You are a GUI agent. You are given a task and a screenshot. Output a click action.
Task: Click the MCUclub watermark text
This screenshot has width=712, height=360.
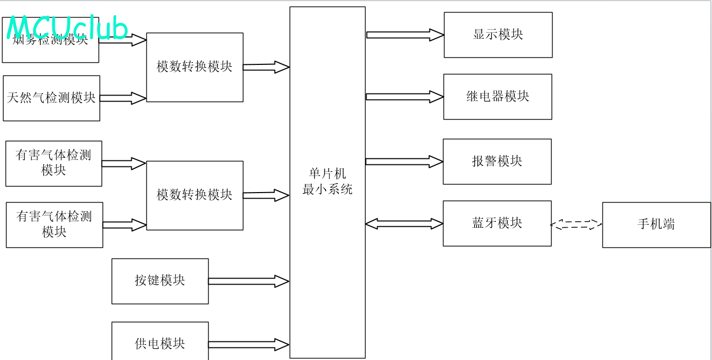click(67, 28)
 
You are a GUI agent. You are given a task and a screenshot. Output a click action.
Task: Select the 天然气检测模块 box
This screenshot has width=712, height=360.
click(51, 98)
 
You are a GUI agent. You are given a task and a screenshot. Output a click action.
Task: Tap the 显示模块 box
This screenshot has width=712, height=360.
click(498, 35)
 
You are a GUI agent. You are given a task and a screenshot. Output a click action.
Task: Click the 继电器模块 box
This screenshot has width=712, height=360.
click(497, 97)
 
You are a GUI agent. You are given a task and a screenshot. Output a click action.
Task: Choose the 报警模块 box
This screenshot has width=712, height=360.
click(497, 161)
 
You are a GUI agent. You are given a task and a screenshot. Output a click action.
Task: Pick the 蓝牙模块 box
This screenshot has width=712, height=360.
click(497, 223)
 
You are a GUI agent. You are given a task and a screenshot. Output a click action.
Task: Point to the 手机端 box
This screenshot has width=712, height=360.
click(656, 225)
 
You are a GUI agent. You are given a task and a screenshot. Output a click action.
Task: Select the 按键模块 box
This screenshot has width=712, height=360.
click(160, 281)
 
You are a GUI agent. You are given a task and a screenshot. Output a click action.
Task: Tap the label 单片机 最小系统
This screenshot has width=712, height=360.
click(327, 182)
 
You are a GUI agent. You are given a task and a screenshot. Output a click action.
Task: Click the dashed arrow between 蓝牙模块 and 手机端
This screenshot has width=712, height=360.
click(576, 225)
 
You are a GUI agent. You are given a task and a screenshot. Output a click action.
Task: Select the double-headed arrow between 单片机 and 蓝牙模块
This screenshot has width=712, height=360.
click(404, 224)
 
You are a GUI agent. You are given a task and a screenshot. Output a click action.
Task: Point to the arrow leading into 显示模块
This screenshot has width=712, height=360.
click(404, 35)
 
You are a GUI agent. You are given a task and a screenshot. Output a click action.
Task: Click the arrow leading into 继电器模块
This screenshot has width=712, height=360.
click(404, 97)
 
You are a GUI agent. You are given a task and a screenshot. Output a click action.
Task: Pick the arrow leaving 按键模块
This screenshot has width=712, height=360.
click(248, 282)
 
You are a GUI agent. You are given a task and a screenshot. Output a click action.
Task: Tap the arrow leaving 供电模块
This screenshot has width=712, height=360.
click(248, 344)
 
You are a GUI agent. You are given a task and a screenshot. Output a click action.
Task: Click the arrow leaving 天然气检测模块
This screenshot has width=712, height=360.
click(123, 98)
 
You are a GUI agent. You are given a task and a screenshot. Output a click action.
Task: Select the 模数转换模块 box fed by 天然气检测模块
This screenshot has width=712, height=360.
click(195, 67)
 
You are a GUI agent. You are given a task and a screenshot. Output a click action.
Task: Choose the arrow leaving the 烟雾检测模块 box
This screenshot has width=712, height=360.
click(122, 40)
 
